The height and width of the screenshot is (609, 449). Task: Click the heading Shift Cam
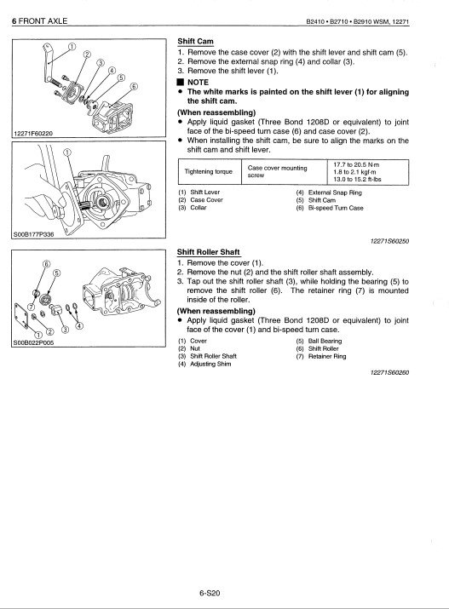(x=195, y=41)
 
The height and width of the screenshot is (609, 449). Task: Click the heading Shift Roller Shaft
(x=208, y=252)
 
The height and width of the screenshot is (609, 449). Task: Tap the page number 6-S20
(x=210, y=593)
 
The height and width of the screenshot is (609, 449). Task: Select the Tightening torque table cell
(x=209, y=171)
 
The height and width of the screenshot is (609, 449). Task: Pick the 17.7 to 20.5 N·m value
(x=356, y=164)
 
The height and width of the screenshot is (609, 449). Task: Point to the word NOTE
(x=198, y=83)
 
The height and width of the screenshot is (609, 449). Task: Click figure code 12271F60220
(x=33, y=134)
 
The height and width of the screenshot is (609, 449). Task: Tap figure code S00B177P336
(x=34, y=234)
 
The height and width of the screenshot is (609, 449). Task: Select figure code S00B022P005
(x=33, y=343)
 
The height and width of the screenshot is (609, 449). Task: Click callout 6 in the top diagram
(x=134, y=86)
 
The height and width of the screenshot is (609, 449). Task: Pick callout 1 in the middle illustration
(x=67, y=152)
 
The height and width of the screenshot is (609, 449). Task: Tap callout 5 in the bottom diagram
(x=56, y=273)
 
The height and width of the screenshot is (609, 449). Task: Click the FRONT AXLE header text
(x=43, y=21)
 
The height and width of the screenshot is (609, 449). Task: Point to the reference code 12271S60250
(x=389, y=241)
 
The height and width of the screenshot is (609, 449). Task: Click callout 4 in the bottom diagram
(x=79, y=325)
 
